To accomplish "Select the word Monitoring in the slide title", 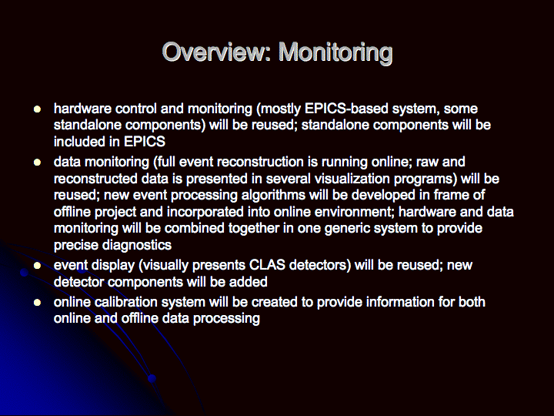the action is coord(335,53).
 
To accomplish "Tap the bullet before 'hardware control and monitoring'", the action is coord(37,109).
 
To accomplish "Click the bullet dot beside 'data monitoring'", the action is coord(37,163).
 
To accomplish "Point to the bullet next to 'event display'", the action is coord(37,266).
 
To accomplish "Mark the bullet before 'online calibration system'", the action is coord(37,303).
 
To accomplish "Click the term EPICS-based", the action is coord(346,109).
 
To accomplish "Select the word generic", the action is coord(347,229).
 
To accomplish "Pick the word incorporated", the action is coord(205,213).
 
